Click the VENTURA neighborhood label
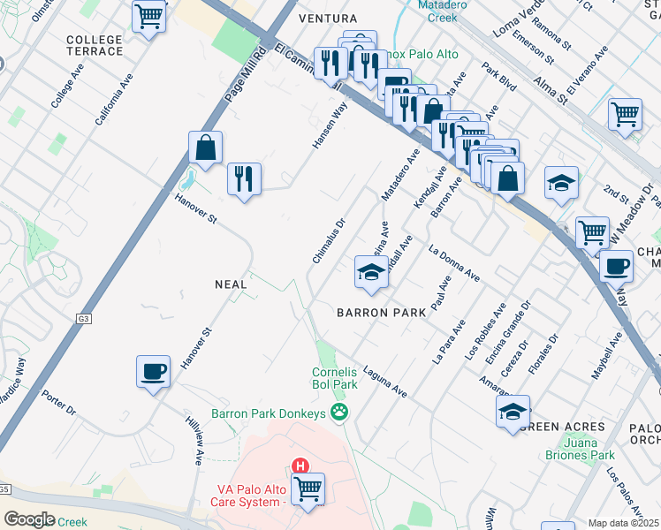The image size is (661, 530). [x=328, y=19]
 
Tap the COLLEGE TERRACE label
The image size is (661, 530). [x=95, y=45]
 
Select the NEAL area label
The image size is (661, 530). [x=231, y=284]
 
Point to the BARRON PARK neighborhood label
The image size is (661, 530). [x=381, y=313]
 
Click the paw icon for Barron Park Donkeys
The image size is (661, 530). [x=338, y=412]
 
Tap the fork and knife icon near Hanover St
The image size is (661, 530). [x=243, y=178]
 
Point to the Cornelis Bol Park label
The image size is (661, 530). [x=335, y=378]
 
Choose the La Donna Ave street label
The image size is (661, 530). [x=453, y=263]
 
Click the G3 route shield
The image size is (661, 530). [x=84, y=321]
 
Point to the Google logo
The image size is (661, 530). [x=29, y=519]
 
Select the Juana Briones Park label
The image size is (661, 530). [x=579, y=449]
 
